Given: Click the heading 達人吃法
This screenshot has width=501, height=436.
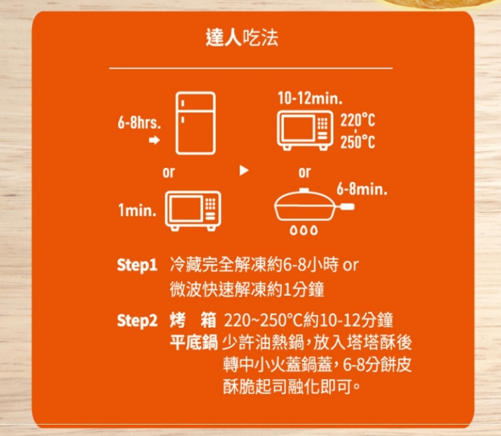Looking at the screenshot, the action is click(x=242, y=38).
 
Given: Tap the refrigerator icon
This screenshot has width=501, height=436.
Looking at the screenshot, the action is click(x=195, y=123).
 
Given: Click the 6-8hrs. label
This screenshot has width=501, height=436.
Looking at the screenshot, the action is click(x=139, y=123).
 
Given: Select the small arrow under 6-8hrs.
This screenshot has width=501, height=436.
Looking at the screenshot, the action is click(x=154, y=140).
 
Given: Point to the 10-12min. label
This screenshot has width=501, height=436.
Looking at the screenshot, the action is click(x=310, y=98).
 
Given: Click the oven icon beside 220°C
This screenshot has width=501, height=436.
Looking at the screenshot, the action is click(x=305, y=130).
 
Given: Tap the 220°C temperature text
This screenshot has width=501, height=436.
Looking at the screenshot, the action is click(x=358, y=120).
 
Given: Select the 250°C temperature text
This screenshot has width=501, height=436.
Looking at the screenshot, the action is click(x=358, y=142).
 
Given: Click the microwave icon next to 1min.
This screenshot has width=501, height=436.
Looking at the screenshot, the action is click(x=193, y=211).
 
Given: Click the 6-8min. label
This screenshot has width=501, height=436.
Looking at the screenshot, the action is click(x=362, y=189).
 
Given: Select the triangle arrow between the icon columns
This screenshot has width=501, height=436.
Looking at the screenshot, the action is click(x=244, y=170).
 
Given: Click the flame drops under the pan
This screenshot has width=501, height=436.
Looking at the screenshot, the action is click(x=304, y=230).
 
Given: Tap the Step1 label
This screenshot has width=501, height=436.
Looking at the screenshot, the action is click(x=137, y=265).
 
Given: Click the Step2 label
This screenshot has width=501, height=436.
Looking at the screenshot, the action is click(x=137, y=321).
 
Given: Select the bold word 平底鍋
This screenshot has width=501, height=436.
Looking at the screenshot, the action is click(x=193, y=342).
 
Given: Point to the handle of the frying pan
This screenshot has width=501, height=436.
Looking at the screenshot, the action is click(x=346, y=207).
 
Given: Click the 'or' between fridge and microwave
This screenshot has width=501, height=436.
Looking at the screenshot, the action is click(x=169, y=172).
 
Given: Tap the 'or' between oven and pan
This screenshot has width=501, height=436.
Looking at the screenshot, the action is click(x=305, y=172).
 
